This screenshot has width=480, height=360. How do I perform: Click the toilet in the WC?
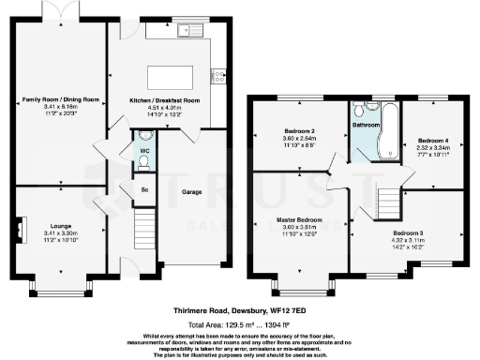[x=142, y=161]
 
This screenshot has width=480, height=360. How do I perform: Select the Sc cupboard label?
[x=143, y=189]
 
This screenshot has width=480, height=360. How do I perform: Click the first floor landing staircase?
[x=386, y=200]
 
